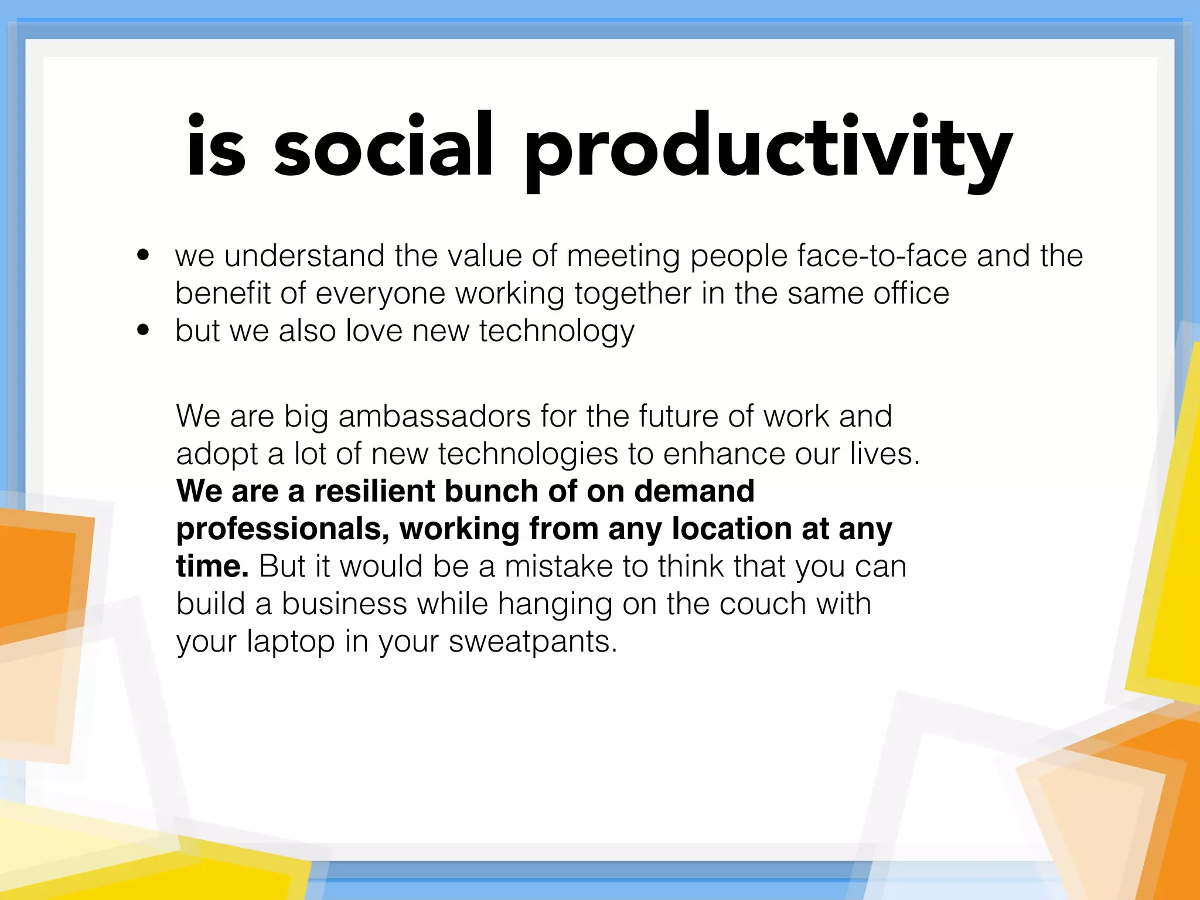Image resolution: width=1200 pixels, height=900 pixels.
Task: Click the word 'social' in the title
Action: [383, 146]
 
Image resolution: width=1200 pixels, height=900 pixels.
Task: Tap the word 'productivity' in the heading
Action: [768, 149]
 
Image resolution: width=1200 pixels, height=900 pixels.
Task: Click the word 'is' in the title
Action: [216, 146]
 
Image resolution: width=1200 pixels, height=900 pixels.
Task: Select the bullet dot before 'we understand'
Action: [143, 255]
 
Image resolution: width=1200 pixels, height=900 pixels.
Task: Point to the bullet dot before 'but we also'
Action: [143, 330]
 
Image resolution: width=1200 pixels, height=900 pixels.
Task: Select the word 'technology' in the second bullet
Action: [557, 332]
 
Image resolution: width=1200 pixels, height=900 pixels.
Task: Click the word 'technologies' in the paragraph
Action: [528, 455]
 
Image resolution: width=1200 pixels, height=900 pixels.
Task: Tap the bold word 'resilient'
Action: [374, 491]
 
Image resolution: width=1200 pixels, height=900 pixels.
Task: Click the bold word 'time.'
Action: [213, 566]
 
